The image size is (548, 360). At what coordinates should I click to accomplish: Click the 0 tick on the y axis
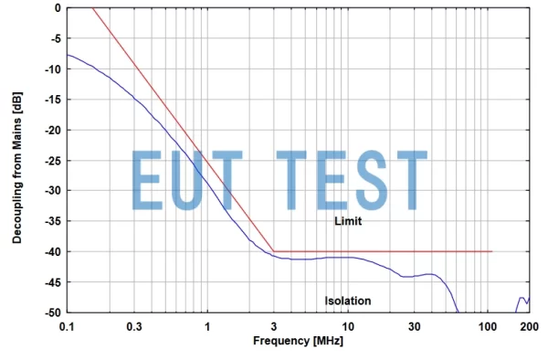58,8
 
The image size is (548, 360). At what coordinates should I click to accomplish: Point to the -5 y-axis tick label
55,38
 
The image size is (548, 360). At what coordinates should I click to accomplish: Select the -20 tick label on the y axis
53,130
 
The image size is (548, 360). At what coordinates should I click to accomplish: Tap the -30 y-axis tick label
53,190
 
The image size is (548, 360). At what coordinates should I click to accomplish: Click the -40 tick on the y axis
53,251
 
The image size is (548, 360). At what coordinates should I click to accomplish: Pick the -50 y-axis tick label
53,312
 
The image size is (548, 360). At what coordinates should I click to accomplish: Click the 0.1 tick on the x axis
67,326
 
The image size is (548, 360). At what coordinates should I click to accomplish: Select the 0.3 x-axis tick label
134,326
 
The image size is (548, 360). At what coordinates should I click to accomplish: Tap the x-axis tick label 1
207,326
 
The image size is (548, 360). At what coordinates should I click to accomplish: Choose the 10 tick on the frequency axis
347,326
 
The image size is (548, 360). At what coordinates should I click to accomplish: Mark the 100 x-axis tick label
486,326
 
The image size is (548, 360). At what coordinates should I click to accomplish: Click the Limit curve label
348,222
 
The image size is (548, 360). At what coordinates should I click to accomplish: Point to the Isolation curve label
348,301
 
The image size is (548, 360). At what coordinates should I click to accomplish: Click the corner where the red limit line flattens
274,251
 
